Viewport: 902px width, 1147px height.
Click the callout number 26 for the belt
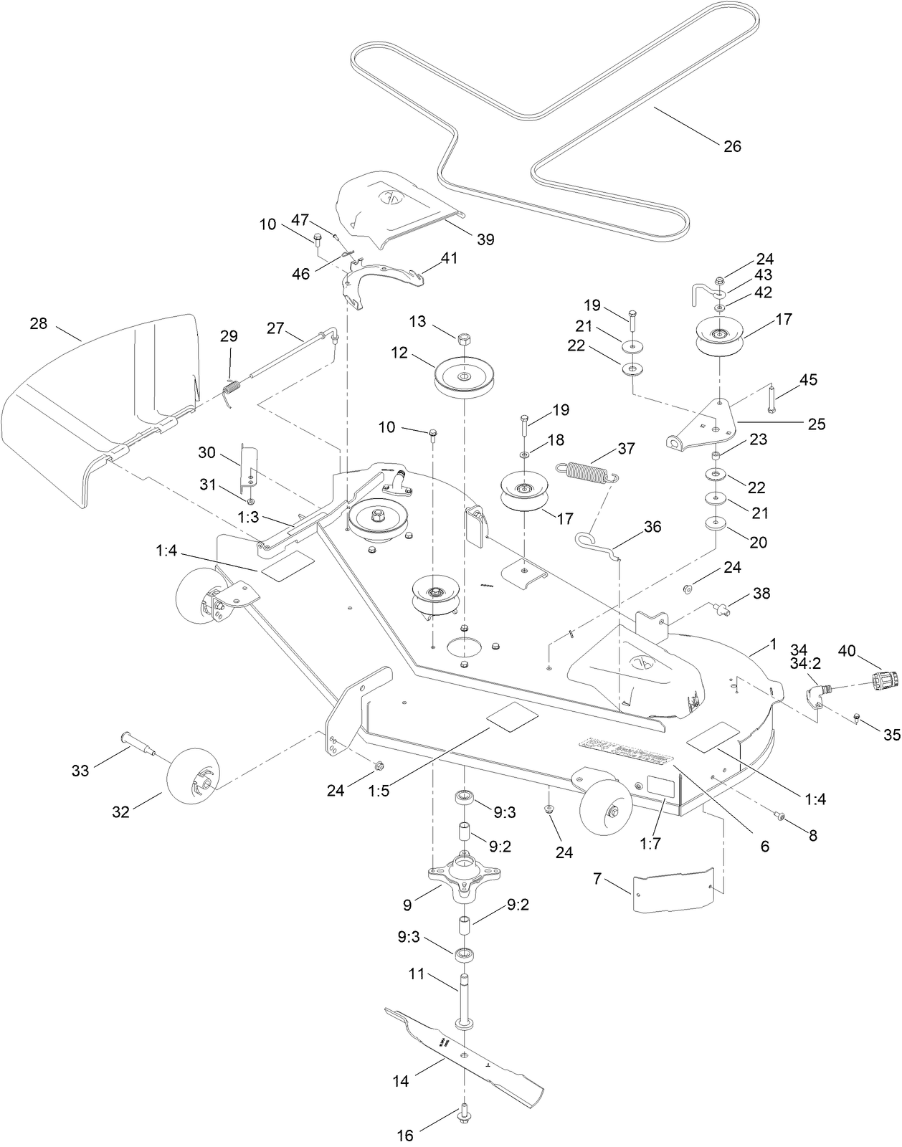click(732, 146)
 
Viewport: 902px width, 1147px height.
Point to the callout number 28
click(38, 323)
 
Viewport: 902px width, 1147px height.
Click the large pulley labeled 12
click(464, 377)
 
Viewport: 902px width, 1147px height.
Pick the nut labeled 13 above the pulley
click(464, 338)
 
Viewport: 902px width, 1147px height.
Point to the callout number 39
click(485, 239)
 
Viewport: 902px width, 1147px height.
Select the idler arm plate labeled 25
click(706, 427)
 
